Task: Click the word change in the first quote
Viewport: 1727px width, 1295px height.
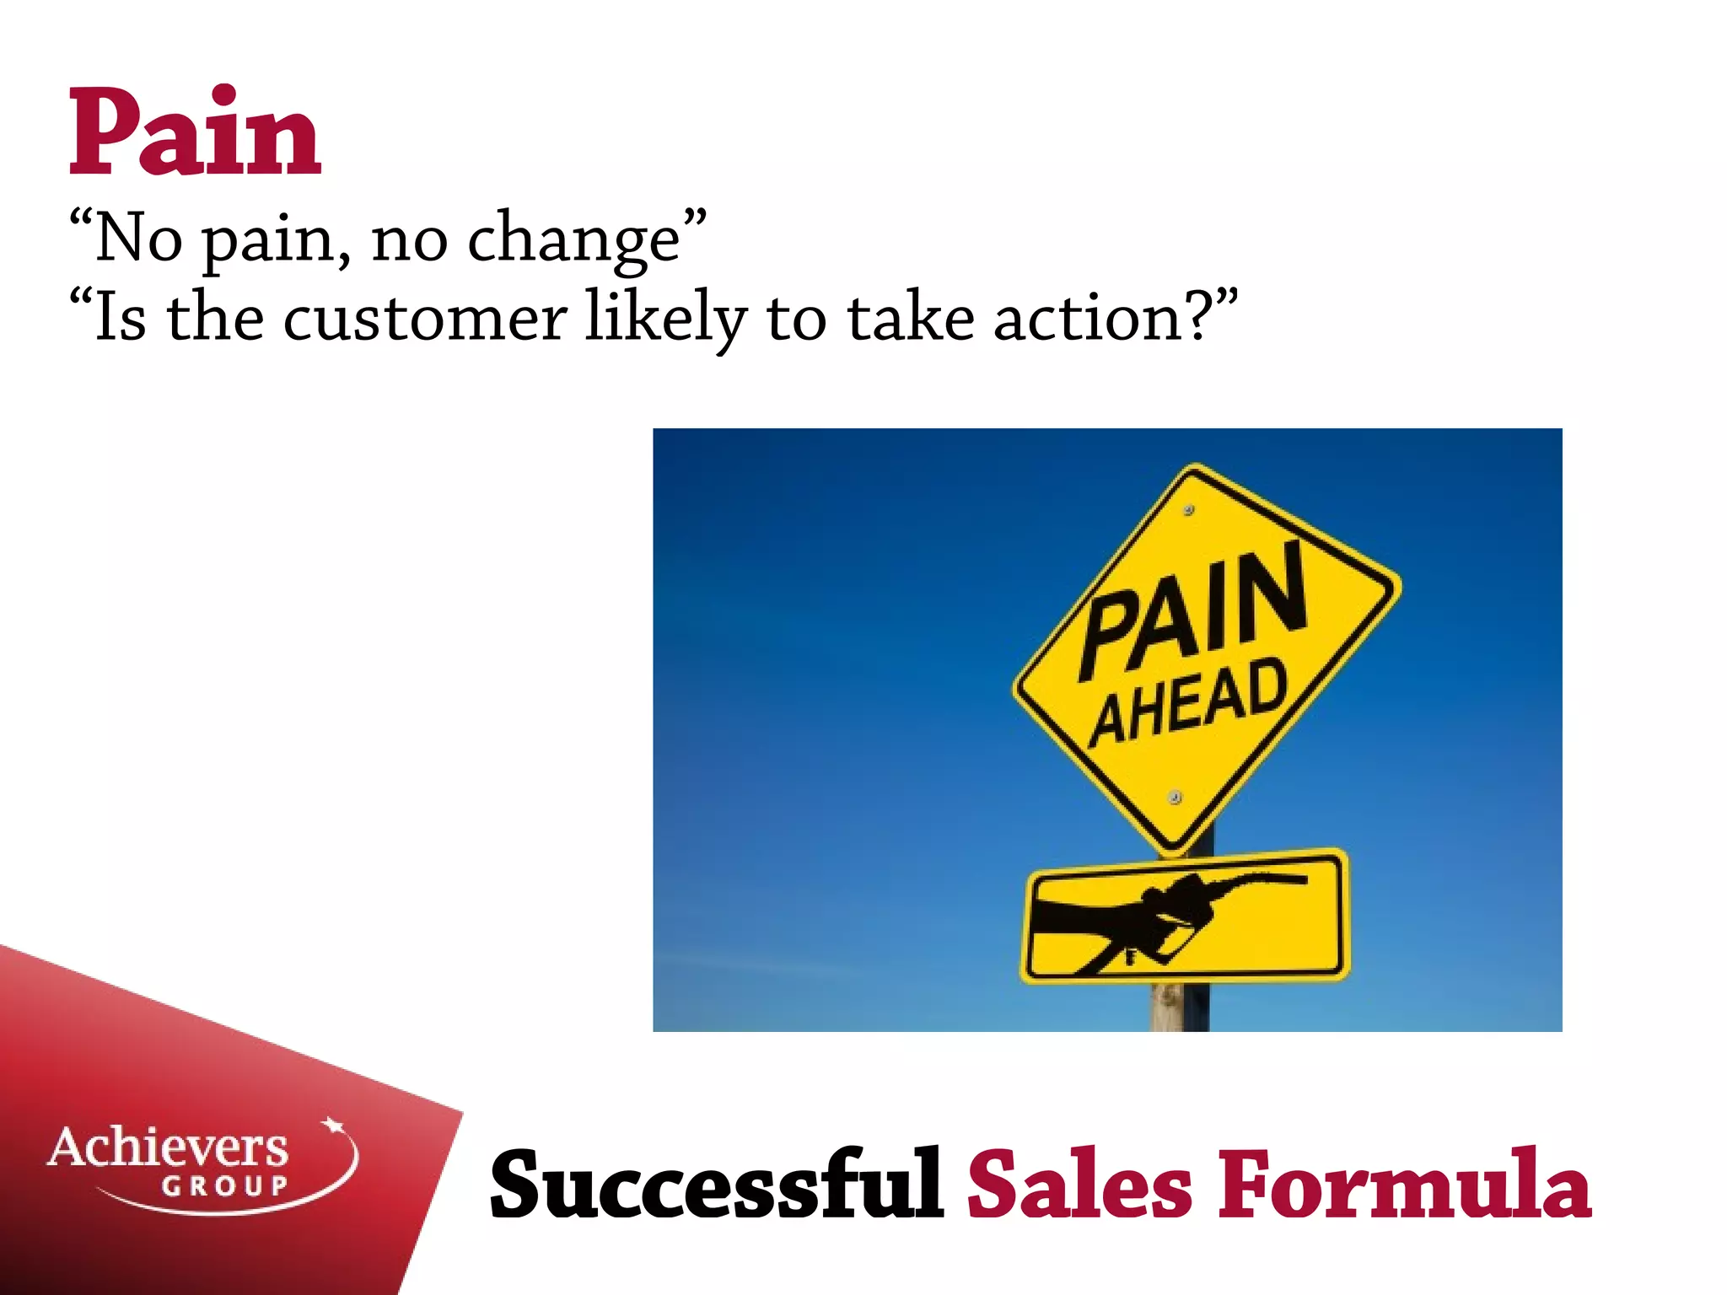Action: [x=573, y=239]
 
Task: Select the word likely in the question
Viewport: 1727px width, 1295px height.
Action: [x=666, y=319]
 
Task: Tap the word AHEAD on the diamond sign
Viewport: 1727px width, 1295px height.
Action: [x=1190, y=702]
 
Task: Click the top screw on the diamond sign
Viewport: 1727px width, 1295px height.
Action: [x=1189, y=510]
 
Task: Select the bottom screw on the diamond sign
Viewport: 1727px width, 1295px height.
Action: [x=1176, y=798]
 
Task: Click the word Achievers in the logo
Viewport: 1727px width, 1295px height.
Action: [x=168, y=1147]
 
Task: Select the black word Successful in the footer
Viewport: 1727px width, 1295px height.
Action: [x=717, y=1185]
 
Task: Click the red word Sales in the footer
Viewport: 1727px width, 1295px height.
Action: [x=1079, y=1185]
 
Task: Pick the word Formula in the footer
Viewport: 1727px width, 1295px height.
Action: [x=1404, y=1185]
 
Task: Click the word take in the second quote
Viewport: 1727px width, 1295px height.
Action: [x=911, y=319]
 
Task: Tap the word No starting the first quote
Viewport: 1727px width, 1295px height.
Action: [x=138, y=239]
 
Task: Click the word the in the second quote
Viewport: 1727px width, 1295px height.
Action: [x=215, y=319]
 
